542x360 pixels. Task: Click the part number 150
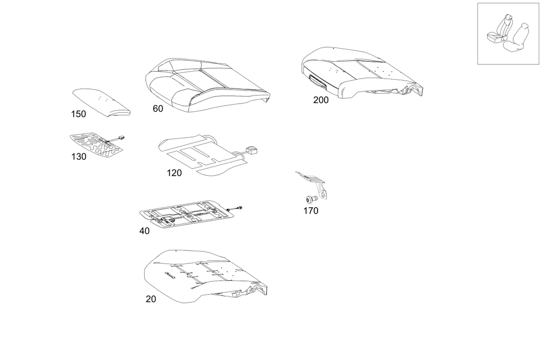coord(78,114)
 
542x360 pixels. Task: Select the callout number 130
coord(78,157)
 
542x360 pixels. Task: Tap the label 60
coord(158,108)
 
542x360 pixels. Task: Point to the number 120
coord(174,173)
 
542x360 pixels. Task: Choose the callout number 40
coord(144,231)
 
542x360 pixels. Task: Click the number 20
coord(151,299)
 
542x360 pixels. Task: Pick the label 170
coord(311,211)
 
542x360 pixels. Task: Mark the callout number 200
coord(321,100)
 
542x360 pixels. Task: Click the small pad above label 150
coord(101,101)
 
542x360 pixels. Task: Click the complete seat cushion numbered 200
coord(360,73)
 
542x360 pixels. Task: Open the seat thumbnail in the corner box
coord(508,34)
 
